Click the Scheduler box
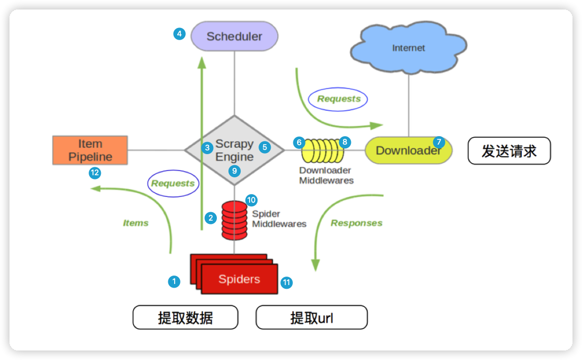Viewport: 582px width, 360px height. pos(234,36)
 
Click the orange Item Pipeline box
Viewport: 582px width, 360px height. pos(90,150)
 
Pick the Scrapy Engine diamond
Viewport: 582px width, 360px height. pos(234,150)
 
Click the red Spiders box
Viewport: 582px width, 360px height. pos(239,279)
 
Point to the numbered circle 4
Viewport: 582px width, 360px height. pos(179,34)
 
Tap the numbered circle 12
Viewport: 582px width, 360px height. pos(95,173)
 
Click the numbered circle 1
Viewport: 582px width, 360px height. pos(174,281)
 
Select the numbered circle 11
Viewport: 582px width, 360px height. pos(287,282)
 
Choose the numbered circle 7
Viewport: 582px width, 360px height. pos(438,141)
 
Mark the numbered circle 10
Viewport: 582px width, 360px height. pos(251,200)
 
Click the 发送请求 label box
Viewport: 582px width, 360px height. pos(509,151)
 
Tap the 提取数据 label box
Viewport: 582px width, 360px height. pos(185,318)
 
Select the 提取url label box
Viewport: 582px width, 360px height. pos(311,318)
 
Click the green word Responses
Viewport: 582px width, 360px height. pos(356,223)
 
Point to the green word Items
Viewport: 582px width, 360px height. pos(136,223)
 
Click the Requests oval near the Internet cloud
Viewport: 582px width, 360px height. pos(338,99)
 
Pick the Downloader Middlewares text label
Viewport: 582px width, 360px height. pos(326,175)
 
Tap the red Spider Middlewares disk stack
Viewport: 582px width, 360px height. pos(234,219)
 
